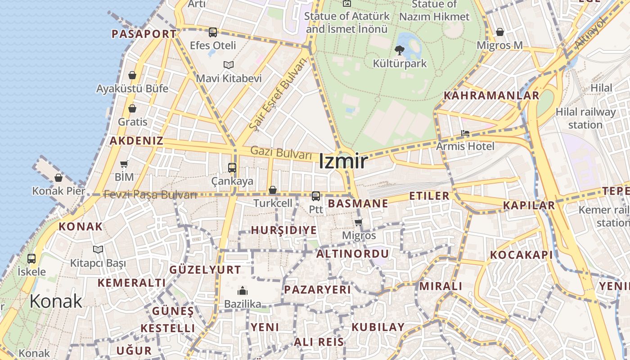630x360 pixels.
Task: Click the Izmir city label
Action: (x=343, y=162)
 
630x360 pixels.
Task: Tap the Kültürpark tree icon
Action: (x=399, y=50)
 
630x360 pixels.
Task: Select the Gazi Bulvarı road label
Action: (x=281, y=153)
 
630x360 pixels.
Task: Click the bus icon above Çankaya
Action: (x=232, y=168)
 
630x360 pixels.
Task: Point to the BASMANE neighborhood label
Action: (x=358, y=203)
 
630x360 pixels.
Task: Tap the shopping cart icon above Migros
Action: (x=359, y=222)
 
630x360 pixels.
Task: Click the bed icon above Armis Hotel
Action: (x=465, y=133)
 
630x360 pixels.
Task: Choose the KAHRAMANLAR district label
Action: (x=491, y=95)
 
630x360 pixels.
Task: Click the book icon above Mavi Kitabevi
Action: (x=229, y=65)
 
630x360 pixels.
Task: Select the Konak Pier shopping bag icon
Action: (x=58, y=178)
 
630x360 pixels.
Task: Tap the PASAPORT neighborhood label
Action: (x=144, y=34)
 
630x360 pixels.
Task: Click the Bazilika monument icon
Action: (x=243, y=291)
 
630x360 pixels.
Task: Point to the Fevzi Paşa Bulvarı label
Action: (x=150, y=195)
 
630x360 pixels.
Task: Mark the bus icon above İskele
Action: (x=31, y=259)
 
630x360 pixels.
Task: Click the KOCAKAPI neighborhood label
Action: (x=521, y=255)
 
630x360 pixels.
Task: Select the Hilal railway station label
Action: (x=585, y=118)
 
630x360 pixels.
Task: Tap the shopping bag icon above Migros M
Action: (x=499, y=32)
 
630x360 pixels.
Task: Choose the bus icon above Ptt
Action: (x=316, y=196)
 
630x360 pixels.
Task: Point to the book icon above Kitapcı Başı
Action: (x=98, y=249)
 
